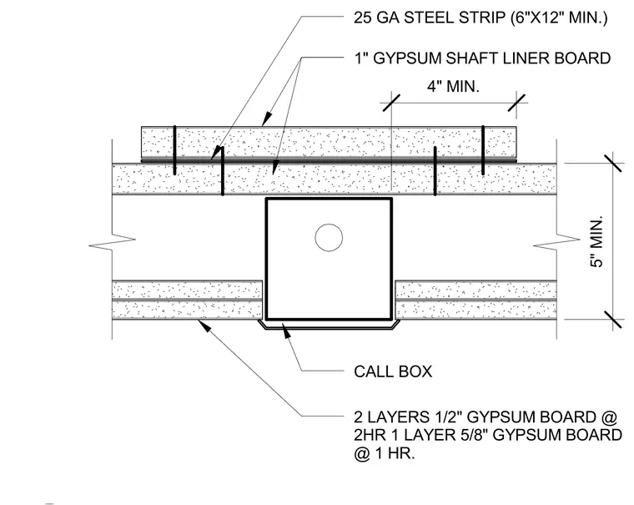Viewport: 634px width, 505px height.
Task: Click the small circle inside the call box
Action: [329, 238]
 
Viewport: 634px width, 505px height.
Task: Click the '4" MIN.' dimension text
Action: [453, 86]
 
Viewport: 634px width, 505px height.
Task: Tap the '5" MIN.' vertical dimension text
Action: [596, 241]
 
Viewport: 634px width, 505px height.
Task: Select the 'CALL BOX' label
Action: [393, 371]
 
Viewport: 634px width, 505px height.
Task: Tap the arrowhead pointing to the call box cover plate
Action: [286, 331]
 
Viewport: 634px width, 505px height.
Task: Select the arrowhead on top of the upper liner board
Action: [266, 119]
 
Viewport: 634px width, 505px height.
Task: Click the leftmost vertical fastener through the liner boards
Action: [174, 150]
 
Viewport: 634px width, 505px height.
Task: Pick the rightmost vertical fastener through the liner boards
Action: [483, 150]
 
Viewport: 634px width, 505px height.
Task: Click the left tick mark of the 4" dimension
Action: [391, 103]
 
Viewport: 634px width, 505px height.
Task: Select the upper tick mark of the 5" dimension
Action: [613, 163]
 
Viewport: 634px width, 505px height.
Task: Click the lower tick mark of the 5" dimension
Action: [613, 319]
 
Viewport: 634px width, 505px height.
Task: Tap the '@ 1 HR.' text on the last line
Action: [384, 453]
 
